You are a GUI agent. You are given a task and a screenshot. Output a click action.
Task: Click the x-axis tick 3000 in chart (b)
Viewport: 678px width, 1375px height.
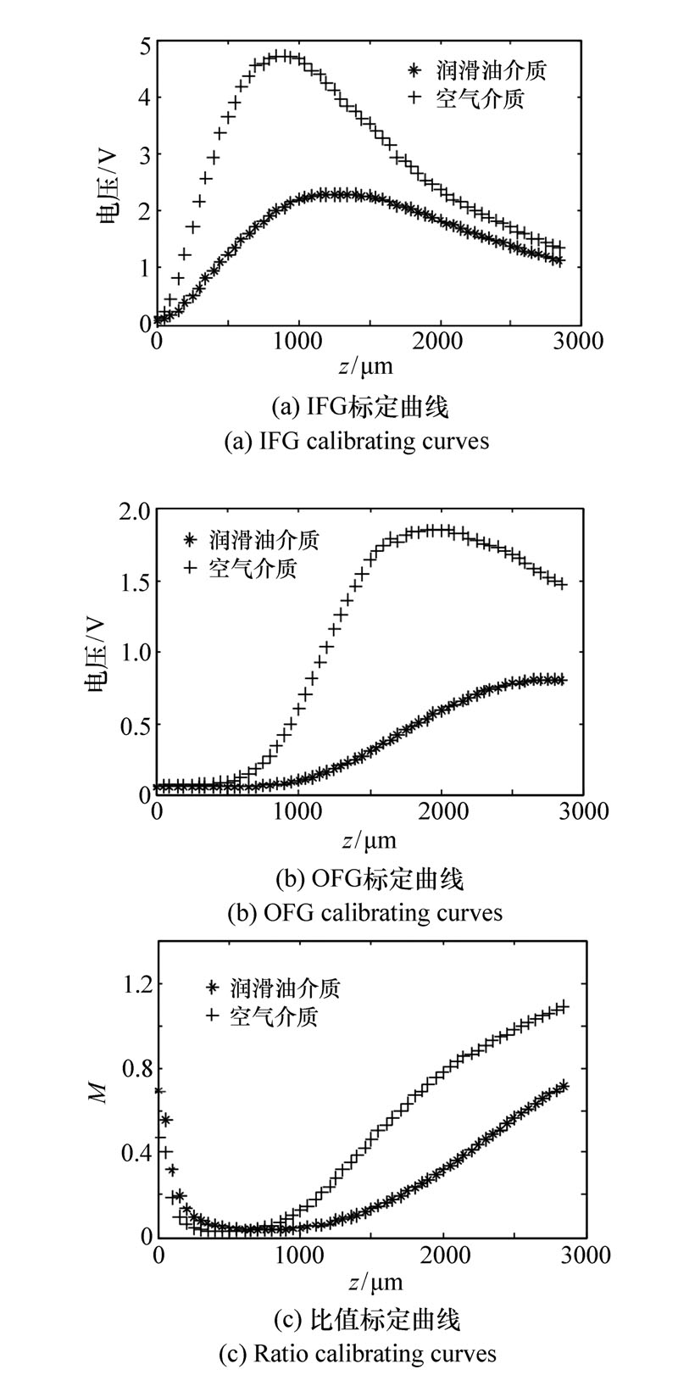point(585,811)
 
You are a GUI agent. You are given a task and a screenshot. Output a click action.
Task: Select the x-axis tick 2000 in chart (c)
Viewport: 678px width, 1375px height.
point(443,1255)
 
